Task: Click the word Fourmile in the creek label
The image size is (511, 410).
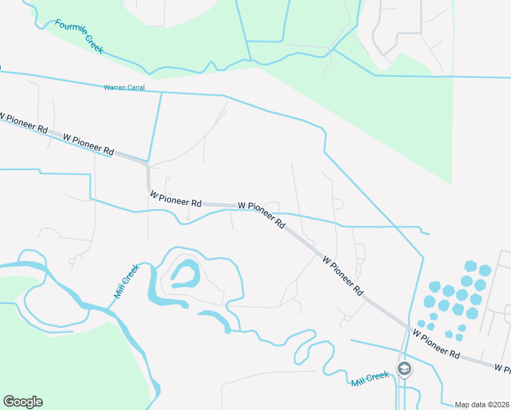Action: (68, 28)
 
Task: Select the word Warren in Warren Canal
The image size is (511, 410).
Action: (114, 87)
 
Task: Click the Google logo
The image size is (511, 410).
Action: (23, 402)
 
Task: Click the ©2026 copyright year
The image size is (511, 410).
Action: (498, 405)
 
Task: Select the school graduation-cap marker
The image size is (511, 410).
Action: (404, 369)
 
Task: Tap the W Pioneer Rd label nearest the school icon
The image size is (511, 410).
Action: (436, 343)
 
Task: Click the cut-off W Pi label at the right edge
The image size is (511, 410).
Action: (503, 368)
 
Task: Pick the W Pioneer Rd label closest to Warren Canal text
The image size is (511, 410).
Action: (88, 143)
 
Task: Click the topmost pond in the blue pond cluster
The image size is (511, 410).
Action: (470, 265)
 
